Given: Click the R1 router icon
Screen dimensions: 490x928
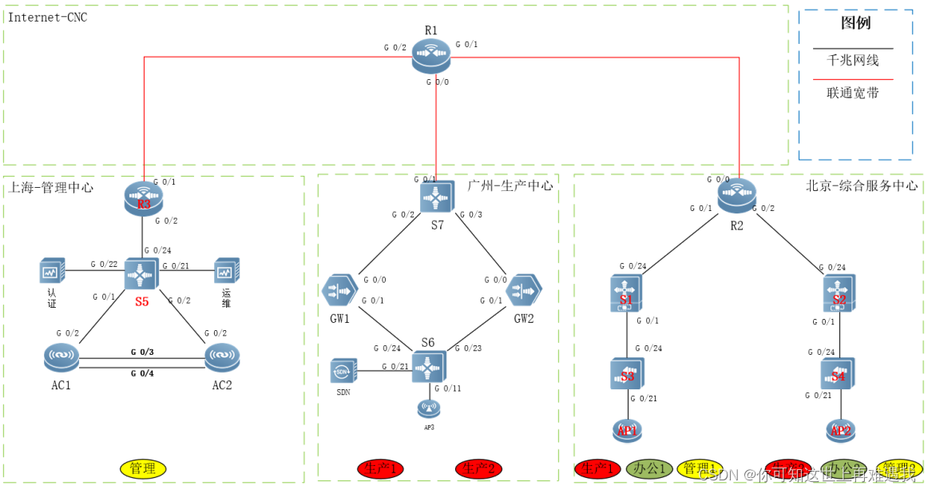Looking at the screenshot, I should pyautogui.click(x=431, y=56).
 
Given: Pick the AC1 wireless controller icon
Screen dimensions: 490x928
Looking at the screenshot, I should pyautogui.click(x=62, y=357).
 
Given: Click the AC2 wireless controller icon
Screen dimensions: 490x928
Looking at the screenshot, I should pyautogui.click(x=222, y=357).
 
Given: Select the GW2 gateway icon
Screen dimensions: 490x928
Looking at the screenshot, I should pyautogui.click(x=524, y=289).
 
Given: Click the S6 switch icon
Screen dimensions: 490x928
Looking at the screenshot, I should pyautogui.click(x=430, y=367).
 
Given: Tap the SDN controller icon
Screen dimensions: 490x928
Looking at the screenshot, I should pyautogui.click(x=343, y=371).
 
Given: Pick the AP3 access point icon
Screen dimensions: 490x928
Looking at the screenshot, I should pyautogui.click(x=429, y=408).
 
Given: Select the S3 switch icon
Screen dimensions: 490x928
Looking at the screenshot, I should pyautogui.click(x=627, y=373).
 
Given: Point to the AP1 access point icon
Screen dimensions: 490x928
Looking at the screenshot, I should pyautogui.click(x=627, y=430).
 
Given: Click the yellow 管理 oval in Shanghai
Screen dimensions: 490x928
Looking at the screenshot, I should pyautogui.click(x=143, y=468).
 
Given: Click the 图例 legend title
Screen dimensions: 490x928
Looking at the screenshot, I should pyautogui.click(x=855, y=23).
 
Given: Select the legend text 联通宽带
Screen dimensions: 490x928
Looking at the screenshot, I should pyautogui.click(x=853, y=93).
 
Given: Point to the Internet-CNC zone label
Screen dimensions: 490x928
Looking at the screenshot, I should pyautogui.click(x=47, y=17).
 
